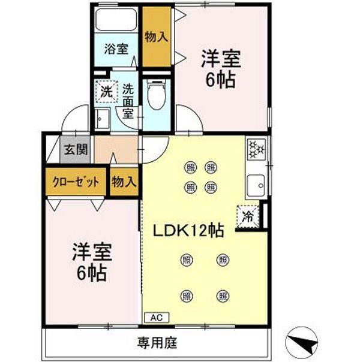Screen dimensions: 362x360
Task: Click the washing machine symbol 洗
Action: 106,92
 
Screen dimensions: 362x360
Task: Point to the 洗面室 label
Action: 128,101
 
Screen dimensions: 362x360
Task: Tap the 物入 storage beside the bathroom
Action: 156,37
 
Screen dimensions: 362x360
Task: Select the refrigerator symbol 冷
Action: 247,216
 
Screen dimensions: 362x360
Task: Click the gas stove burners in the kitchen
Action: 257,149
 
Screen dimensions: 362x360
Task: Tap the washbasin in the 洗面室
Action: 100,119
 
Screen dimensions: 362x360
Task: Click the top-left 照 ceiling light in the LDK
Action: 191,167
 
